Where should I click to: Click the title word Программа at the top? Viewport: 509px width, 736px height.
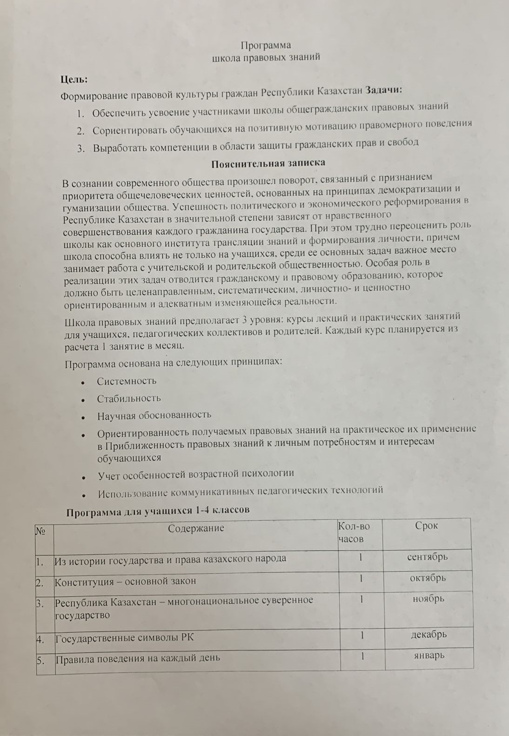point(266,45)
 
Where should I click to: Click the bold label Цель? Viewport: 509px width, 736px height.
point(74,80)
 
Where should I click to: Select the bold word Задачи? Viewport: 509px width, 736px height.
point(384,90)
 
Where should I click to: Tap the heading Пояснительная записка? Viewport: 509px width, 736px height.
point(268,163)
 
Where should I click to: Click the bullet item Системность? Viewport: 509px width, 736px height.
point(127,381)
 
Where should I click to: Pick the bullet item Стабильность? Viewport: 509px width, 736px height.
point(129,398)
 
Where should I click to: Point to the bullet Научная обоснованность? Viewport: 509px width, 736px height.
point(154,415)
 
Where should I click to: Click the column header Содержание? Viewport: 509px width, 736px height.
point(196,528)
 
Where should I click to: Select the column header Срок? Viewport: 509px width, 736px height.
point(426,526)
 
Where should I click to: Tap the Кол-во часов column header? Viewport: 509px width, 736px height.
point(354,533)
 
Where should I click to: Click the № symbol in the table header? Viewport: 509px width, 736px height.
point(40,530)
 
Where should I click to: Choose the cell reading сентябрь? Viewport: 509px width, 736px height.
point(427,556)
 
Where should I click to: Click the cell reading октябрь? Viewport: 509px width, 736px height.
point(428,578)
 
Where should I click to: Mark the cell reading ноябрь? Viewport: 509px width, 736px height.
point(428,599)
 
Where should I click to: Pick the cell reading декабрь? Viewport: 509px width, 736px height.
point(429,634)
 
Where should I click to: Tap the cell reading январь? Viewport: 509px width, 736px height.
point(429,655)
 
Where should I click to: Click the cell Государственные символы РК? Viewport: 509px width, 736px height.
point(124,638)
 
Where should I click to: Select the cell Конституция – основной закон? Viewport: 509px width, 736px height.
point(125,581)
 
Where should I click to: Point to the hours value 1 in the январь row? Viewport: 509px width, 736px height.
point(362,656)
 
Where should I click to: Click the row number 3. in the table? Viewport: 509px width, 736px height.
point(40,603)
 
